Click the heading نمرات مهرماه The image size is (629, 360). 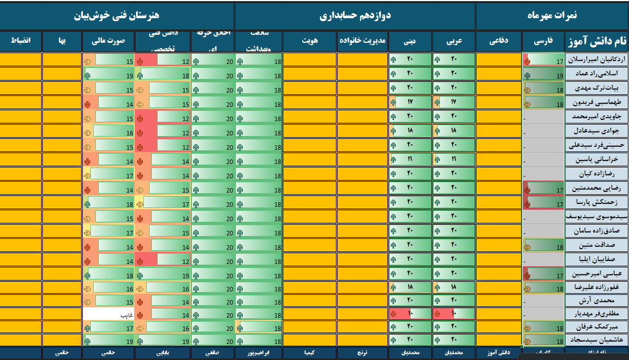(x=552, y=16)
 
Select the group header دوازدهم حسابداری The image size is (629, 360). (x=355, y=16)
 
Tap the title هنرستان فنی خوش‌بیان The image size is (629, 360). (x=117, y=16)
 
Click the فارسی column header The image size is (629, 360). (x=543, y=41)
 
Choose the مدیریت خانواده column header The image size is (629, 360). (x=362, y=41)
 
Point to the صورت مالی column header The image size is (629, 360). (x=108, y=41)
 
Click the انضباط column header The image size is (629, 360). (x=21, y=41)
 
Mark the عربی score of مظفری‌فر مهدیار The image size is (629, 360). (x=454, y=314)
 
